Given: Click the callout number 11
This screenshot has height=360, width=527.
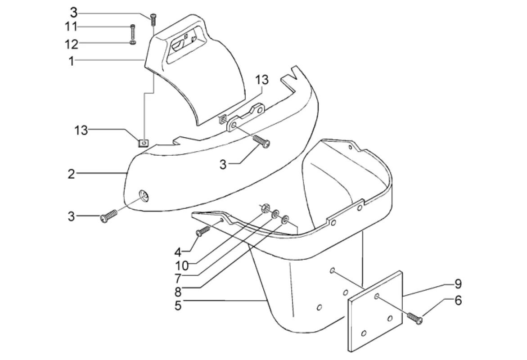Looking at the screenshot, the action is click(x=71, y=27).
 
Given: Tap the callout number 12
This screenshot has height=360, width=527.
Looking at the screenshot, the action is click(x=71, y=44).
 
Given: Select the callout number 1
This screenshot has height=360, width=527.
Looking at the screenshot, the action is click(x=71, y=62).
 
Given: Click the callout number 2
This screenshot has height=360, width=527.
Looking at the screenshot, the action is click(x=71, y=174).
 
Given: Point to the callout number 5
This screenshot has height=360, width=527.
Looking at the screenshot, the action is click(x=178, y=306).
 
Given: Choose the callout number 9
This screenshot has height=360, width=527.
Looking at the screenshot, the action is click(x=458, y=284).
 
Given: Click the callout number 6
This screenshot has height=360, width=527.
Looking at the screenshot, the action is click(x=458, y=301).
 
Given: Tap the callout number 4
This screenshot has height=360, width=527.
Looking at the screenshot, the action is click(x=178, y=252).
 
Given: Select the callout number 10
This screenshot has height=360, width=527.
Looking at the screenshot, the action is click(x=182, y=266).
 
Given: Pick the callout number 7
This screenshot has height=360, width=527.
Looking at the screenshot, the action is click(x=178, y=279).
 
